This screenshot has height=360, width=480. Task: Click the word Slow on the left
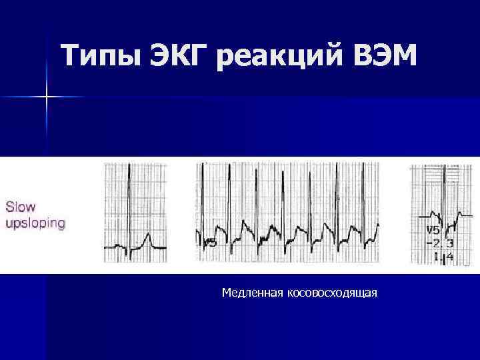tap(21, 207)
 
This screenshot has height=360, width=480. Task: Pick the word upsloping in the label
tap(35, 223)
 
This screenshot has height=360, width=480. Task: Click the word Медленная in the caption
tap(253, 293)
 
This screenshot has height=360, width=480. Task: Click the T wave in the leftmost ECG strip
tap(149, 239)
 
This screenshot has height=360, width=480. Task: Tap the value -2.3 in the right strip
tap(438, 243)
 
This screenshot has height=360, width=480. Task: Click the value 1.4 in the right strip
tap(444, 256)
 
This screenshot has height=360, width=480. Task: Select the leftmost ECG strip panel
tap(135, 213)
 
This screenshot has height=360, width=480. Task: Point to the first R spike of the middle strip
tap(203, 200)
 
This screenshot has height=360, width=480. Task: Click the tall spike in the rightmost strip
tap(441, 193)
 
